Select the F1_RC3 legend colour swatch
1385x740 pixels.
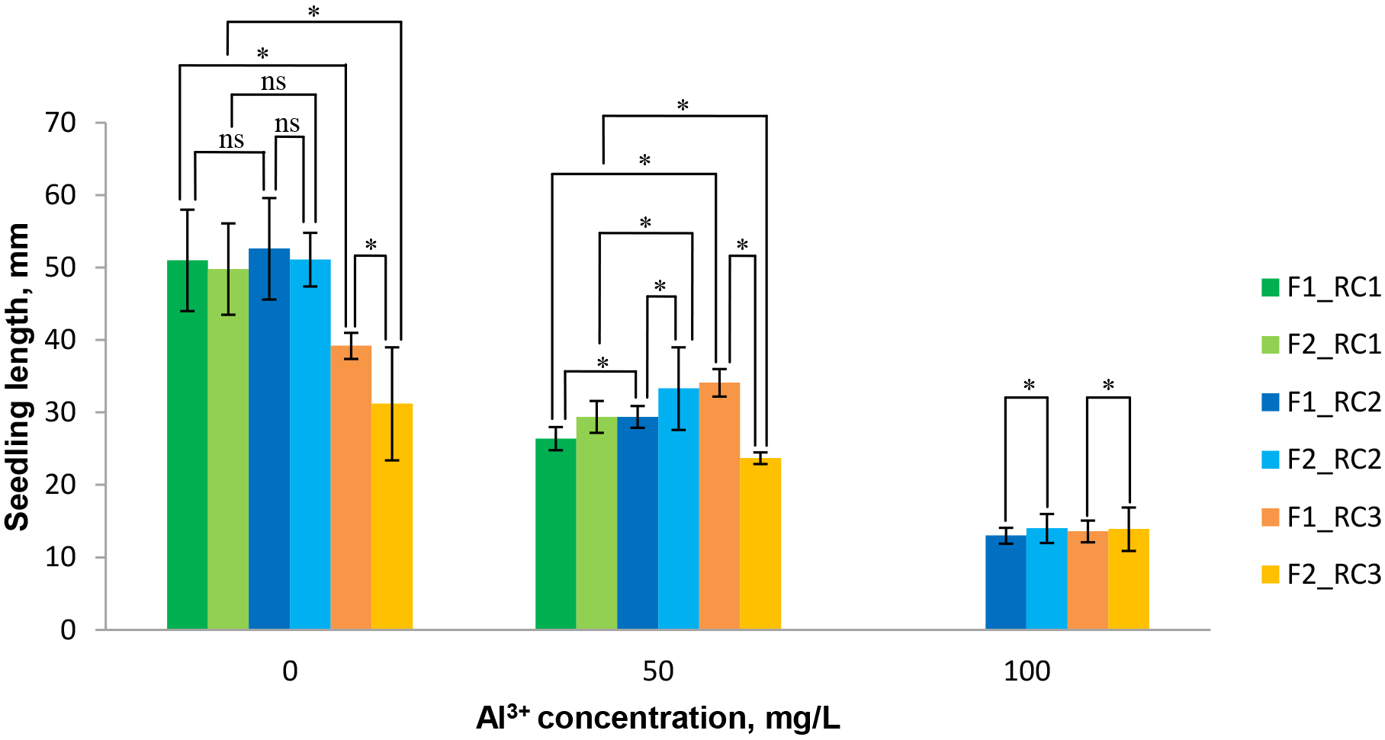point(1270,517)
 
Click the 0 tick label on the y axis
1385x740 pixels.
point(68,629)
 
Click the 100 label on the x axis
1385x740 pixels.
point(1027,671)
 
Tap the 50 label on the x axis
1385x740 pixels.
point(657,671)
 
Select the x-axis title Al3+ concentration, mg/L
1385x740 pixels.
point(657,718)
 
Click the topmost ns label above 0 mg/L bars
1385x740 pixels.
point(273,82)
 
